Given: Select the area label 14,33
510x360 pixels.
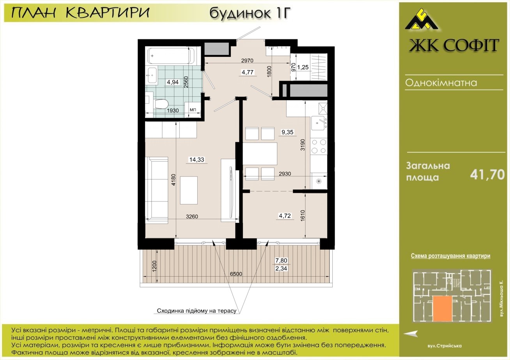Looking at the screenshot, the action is click(x=197, y=159).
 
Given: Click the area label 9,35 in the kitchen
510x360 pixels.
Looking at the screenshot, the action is click(x=287, y=132).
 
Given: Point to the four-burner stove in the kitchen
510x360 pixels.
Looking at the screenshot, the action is click(x=319, y=146).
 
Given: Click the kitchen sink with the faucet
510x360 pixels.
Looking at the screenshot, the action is click(x=319, y=123).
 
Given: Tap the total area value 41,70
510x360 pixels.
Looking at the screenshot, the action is click(x=487, y=175).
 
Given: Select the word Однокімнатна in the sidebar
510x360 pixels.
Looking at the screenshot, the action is click(x=441, y=83).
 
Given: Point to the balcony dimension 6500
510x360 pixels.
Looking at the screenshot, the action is click(x=236, y=274).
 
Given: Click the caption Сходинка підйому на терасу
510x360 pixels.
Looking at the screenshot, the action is click(x=197, y=311).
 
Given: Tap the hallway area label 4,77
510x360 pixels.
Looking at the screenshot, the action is click(x=248, y=72).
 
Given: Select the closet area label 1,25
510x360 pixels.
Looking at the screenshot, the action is click(x=303, y=67).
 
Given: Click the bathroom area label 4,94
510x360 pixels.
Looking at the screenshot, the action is click(x=173, y=82).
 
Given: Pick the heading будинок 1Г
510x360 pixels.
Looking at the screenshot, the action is click(x=250, y=13).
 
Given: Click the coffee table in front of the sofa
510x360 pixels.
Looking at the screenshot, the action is click(x=189, y=190).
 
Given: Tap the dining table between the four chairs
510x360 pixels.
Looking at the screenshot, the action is click(x=260, y=154).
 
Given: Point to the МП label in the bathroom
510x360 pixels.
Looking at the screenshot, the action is click(x=193, y=110).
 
